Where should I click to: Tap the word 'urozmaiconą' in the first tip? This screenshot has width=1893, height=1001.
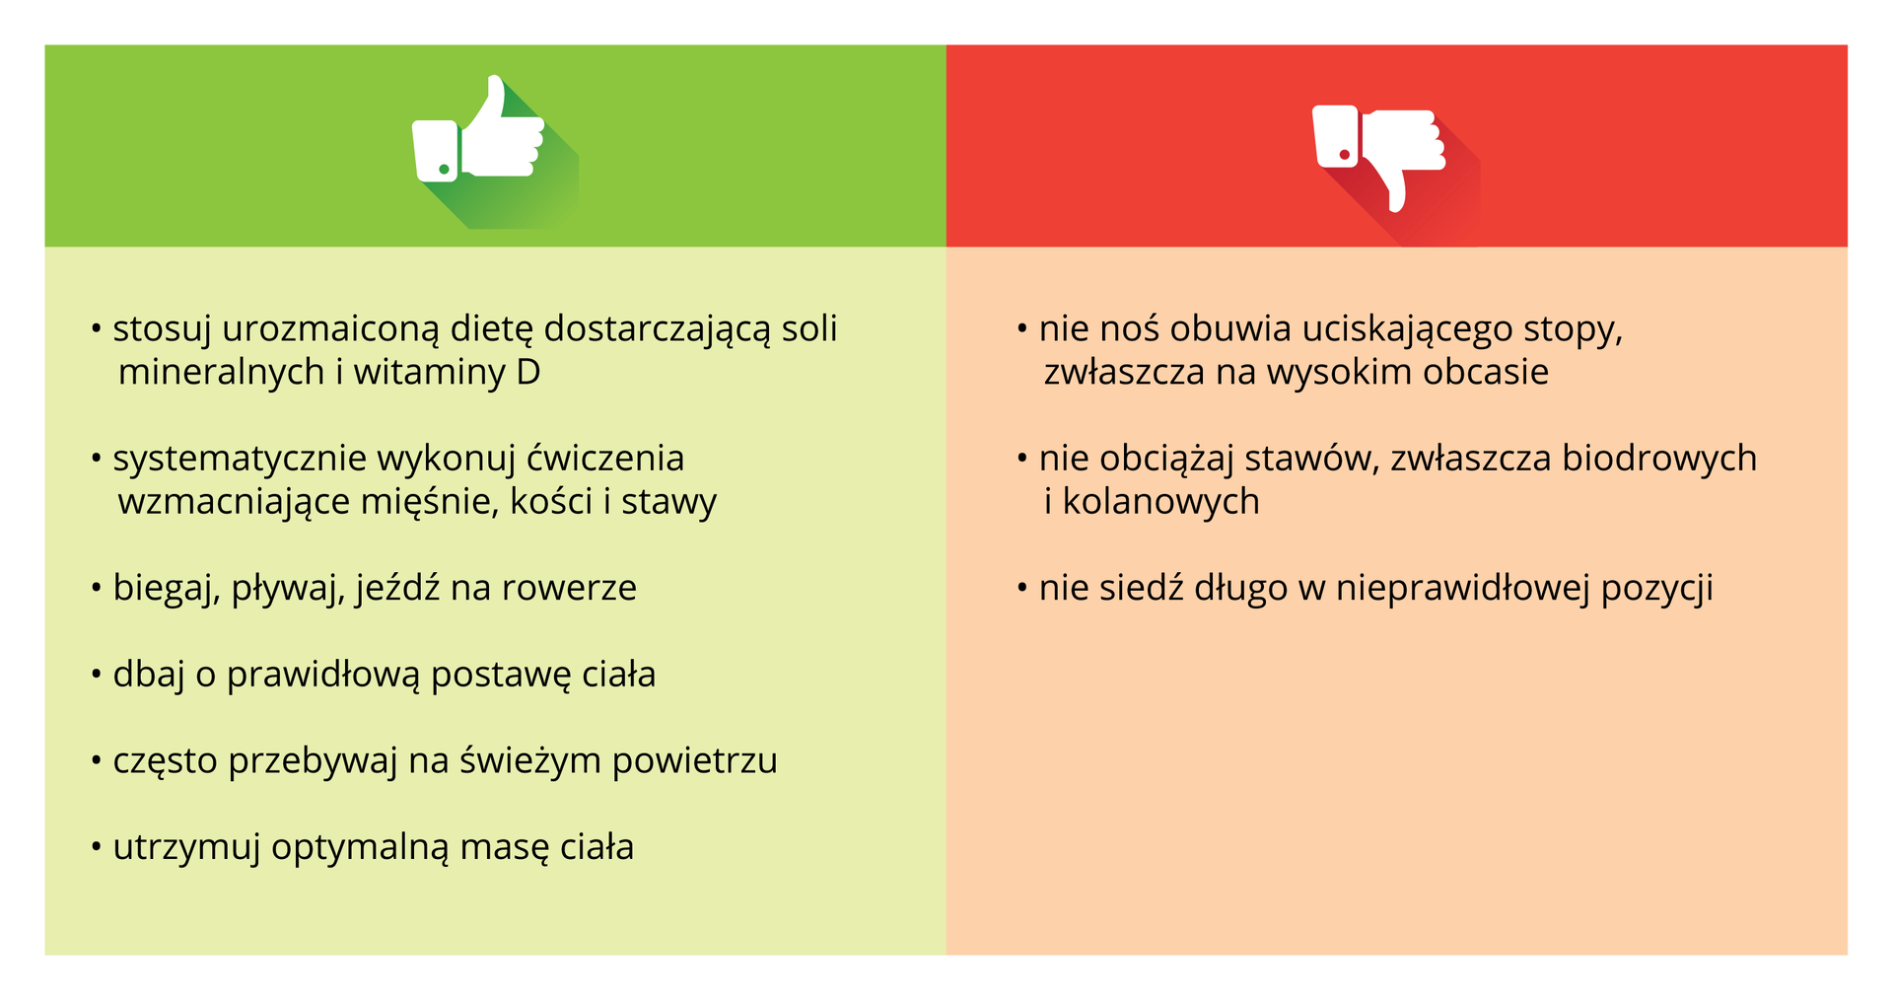[x=330, y=329]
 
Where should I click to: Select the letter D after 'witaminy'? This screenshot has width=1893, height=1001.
[x=528, y=373]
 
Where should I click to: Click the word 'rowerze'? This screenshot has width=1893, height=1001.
[x=569, y=589]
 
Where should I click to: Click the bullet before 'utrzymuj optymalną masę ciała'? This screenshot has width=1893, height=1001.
[x=97, y=848]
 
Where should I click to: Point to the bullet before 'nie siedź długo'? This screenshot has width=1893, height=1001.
[x=1022, y=589]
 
